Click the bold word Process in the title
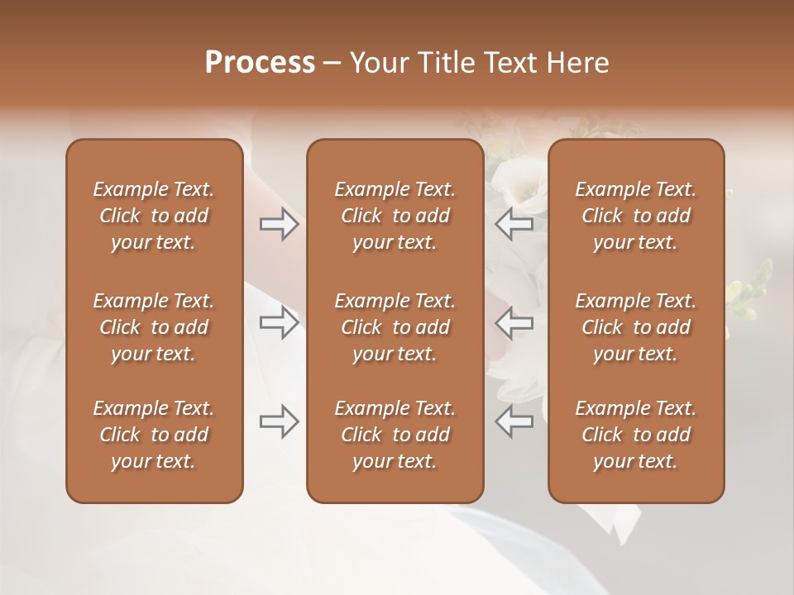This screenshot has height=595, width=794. (x=260, y=63)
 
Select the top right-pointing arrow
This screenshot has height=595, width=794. (x=280, y=224)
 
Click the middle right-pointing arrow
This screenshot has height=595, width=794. (x=280, y=323)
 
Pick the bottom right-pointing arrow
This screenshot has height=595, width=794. (x=280, y=421)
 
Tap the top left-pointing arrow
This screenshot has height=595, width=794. (x=514, y=224)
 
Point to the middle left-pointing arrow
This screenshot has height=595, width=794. (x=514, y=323)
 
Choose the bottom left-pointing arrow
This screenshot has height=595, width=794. (x=514, y=421)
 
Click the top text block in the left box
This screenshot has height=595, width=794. (x=154, y=216)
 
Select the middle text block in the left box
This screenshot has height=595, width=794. (x=154, y=327)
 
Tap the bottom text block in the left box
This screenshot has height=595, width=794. (x=154, y=435)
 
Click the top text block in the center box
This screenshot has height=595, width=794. (x=395, y=216)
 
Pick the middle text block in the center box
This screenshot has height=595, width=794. (x=395, y=327)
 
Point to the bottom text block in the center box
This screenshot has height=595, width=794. (x=395, y=435)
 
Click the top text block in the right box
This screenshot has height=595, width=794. (x=636, y=216)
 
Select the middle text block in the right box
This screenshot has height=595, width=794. (x=636, y=327)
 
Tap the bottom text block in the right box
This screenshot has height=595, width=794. (x=636, y=435)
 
